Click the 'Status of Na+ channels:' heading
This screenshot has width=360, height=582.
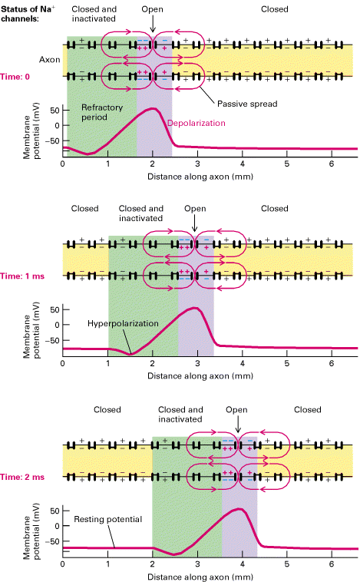[x=28, y=14]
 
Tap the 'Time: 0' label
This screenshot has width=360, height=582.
[x=15, y=77]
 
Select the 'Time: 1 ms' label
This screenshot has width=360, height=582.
[x=22, y=276]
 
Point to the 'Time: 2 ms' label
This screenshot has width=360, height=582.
[x=22, y=477]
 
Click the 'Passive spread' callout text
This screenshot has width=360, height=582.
[x=247, y=104]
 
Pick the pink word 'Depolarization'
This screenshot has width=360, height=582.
[x=197, y=123]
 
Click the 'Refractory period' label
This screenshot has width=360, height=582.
[x=101, y=112]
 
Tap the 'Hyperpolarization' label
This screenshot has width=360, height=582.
[x=123, y=324]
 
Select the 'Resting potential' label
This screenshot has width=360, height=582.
[x=107, y=519]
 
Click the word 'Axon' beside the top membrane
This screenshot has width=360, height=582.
[x=49, y=60]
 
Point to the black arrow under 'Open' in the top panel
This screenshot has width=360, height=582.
[x=153, y=25]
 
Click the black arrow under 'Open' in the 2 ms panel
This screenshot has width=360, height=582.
[x=238, y=425]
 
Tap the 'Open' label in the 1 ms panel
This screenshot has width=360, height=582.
[x=195, y=209]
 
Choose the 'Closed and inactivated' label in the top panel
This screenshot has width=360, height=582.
[x=94, y=14]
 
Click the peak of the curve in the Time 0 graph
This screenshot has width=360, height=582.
[x=153, y=108]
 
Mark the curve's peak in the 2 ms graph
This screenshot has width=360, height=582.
[x=239, y=509]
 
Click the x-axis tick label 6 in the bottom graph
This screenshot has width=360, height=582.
[x=332, y=564]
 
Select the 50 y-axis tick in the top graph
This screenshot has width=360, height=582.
[x=55, y=111]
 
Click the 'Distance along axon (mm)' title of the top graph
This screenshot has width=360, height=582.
[x=200, y=177]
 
